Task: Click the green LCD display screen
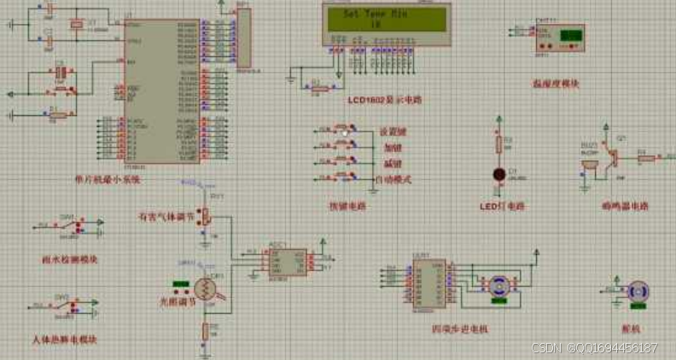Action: [385, 18]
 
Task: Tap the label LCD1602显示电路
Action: [385, 100]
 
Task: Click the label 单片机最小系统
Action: [108, 180]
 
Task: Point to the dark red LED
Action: [498, 174]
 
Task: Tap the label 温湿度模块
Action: [555, 84]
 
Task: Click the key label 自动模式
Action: [394, 179]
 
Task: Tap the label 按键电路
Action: [347, 206]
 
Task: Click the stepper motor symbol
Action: [498, 287]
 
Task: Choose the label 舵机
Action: [632, 328]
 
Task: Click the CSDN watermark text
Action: [594, 348]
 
